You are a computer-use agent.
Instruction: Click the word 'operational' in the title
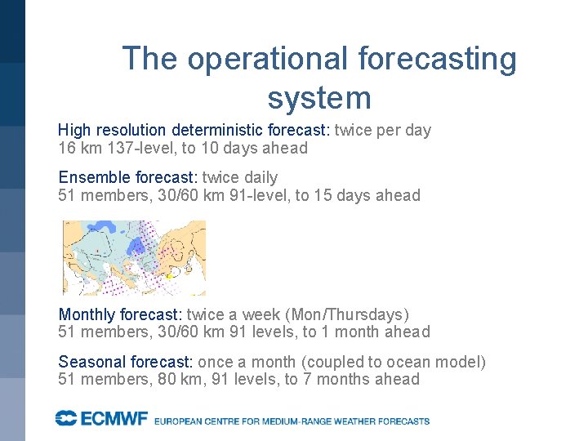267,59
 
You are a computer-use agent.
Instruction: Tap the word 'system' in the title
319,98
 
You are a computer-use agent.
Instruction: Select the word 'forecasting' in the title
437,59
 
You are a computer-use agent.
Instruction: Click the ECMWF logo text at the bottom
101,419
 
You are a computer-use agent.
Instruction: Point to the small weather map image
134,257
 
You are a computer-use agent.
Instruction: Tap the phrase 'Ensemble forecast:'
127,177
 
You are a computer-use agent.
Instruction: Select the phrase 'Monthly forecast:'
120,314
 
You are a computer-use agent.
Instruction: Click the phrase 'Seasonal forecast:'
123,362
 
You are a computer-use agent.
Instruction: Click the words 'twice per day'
384,130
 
